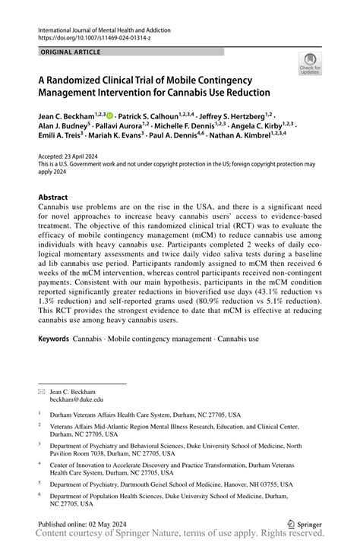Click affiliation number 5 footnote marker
coord(39,481)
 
